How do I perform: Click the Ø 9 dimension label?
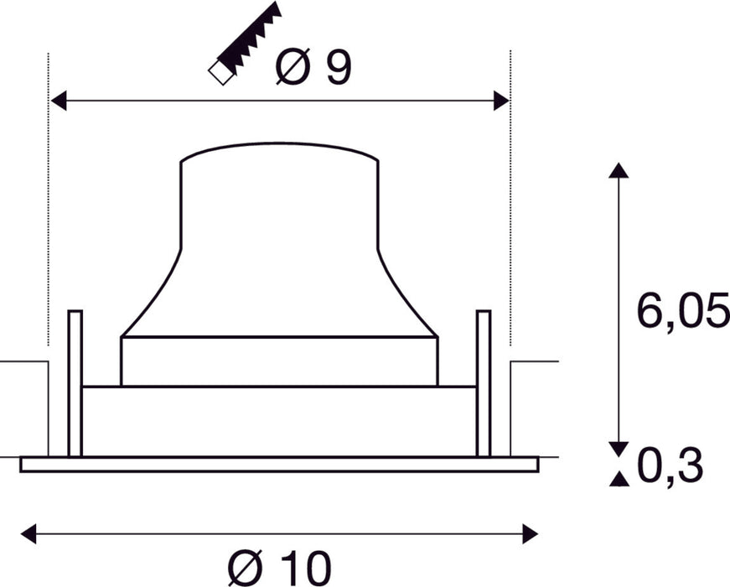313,68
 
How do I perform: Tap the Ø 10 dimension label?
279,568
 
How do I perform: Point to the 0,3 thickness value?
669,467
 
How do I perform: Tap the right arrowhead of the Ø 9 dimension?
501,101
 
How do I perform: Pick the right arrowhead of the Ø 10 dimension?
530,532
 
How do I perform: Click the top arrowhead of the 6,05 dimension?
618,170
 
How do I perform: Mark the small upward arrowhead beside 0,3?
619,479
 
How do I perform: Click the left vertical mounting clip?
75,382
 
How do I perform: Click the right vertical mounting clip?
483,382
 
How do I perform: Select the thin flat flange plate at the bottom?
279,464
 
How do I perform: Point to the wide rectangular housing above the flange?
279,421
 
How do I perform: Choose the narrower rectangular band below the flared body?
279,361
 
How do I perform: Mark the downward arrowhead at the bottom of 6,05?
619,449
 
